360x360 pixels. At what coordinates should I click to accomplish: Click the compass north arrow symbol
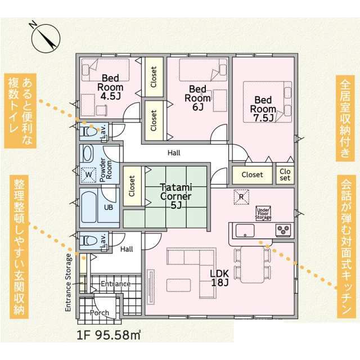(x=46, y=38)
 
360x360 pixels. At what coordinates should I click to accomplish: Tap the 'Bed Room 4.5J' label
(x=110, y=87)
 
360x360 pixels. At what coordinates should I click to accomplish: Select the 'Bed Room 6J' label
(x=197, y=98)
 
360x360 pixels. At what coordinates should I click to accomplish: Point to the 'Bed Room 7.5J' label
(x=263, y=109)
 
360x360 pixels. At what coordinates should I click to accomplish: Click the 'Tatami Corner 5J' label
(x=176, y=196)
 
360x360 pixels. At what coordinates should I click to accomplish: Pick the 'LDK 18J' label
(x=220, y=278)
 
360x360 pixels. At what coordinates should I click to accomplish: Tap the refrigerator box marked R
(x=241, y=197)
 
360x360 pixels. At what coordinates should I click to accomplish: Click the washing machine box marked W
(x=89, y=175)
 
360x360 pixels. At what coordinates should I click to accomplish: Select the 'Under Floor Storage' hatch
(x=263, y=214)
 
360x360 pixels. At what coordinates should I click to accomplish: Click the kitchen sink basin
(x=245, y=231)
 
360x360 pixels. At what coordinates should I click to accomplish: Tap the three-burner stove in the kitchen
(x=283, y=230)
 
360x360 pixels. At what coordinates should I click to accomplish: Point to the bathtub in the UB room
(x=89, y=208)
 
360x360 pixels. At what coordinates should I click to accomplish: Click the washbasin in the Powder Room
(x=88, y=154)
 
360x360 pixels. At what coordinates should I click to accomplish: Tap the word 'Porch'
(x=100, y=313)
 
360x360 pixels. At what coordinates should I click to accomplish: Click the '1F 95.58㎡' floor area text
(x=109, y=335)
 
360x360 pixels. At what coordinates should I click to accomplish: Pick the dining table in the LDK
(x=253, y=264)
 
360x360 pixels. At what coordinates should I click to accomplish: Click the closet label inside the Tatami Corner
(x=132, y=186)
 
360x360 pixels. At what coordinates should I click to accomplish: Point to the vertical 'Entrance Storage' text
(x=68, y=282)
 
